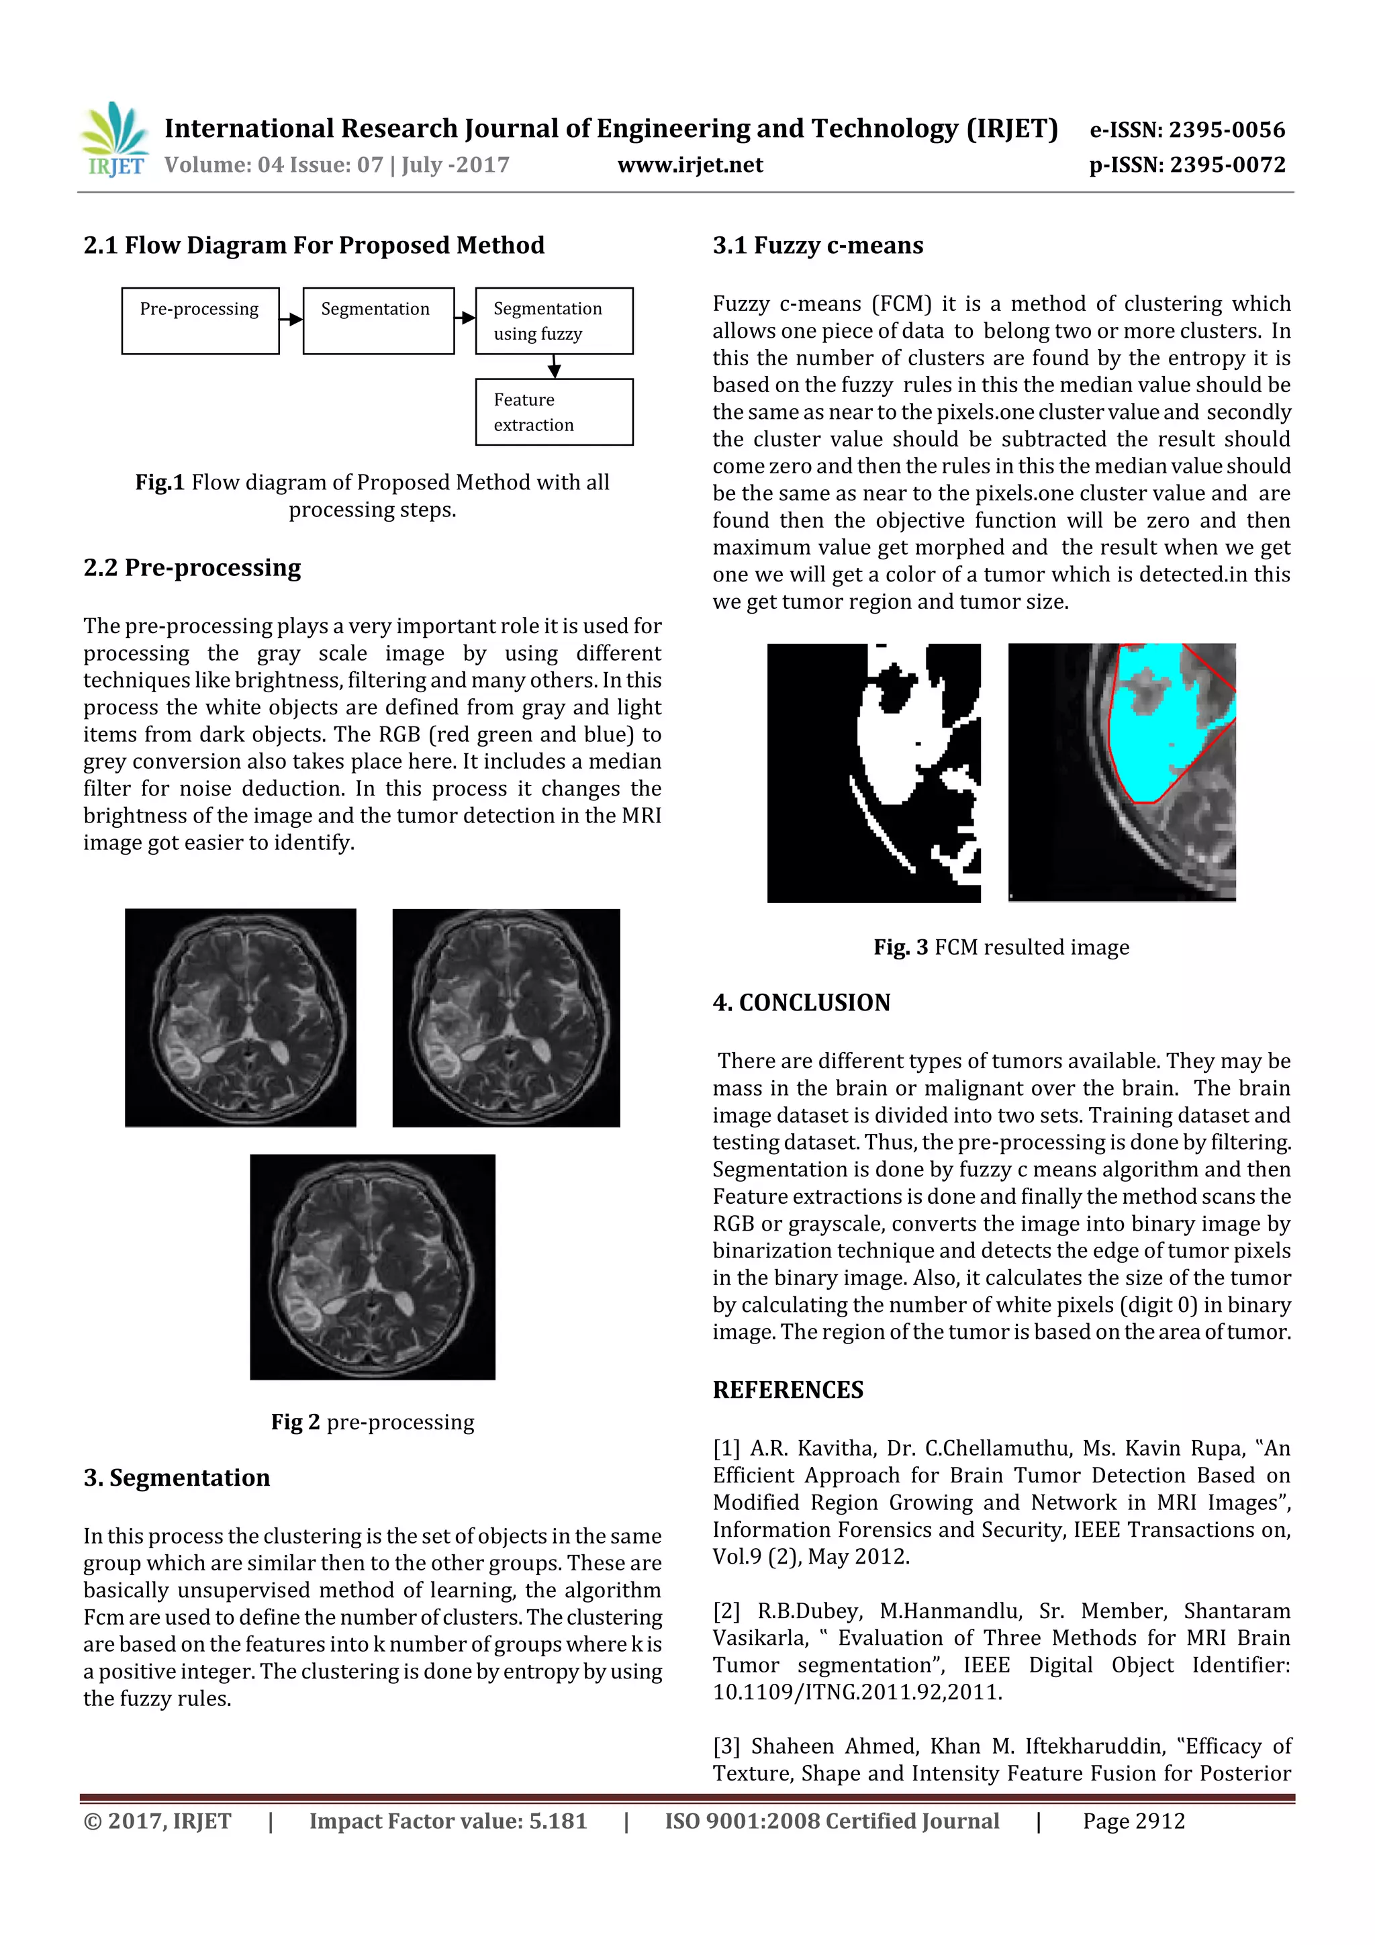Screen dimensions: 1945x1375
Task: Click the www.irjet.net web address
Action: tap(690, 165)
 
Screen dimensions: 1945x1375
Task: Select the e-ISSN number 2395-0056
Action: tap(1187, 130)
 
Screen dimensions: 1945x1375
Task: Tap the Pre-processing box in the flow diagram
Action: tap(200, 320)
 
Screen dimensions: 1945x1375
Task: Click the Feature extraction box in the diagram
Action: tap(553, 412)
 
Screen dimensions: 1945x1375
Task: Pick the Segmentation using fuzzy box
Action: tap(553, 320)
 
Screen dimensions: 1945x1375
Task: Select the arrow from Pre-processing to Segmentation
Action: tap(291, 320)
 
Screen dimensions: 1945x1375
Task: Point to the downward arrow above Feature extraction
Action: tap(554, 367)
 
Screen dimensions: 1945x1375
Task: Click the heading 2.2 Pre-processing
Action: tap(192, 567)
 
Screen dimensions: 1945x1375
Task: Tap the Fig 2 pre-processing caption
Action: tap(372, 1421)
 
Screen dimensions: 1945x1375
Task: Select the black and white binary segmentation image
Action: tap(873, 773)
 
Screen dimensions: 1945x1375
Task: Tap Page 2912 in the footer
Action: tap(1133, 1821)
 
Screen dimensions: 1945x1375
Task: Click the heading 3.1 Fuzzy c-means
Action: tap(818, 246)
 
